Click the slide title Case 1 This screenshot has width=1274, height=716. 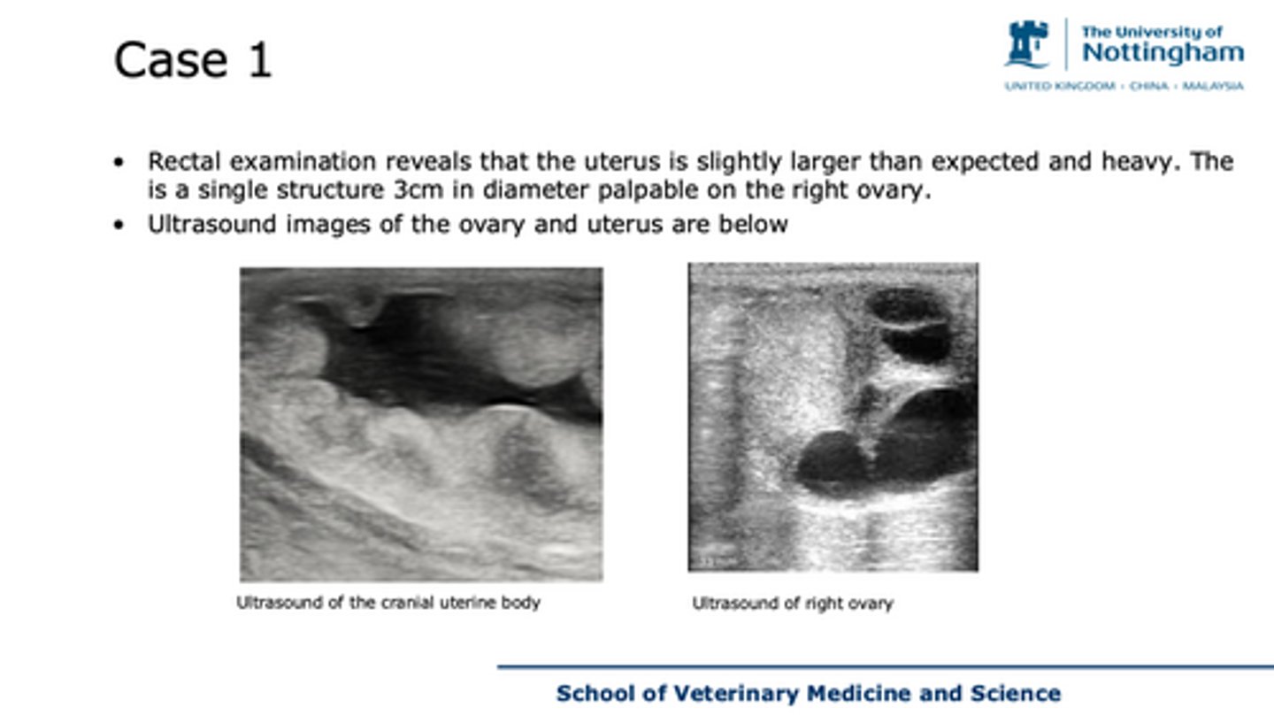tap(192, 60)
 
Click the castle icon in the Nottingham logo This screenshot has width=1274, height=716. tap(1026, 44)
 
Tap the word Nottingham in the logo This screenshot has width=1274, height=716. tap(1162, 52)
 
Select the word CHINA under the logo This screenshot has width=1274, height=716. tap(1148, 86)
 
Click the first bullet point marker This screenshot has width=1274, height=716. tap(119, 163)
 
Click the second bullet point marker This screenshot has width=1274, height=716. tap(119, 225)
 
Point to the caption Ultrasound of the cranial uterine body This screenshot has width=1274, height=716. tap(388, 603)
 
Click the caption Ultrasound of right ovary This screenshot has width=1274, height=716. tap(792, 604)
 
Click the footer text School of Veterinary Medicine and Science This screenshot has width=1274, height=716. tap(808, 693)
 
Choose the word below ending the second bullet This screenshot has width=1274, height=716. tap(756, 224)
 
